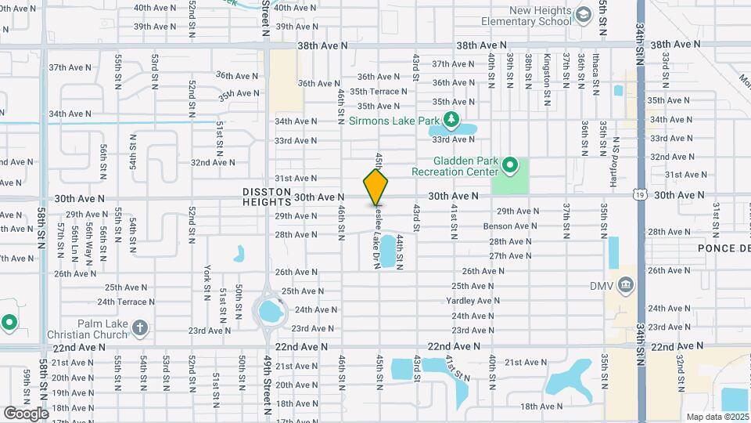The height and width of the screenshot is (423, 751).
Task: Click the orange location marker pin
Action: (375, 187)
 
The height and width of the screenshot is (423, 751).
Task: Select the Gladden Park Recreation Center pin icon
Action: (510, 165)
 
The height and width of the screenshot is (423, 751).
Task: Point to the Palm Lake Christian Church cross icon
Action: (140, 327)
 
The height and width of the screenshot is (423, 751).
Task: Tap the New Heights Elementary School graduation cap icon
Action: (582, 15)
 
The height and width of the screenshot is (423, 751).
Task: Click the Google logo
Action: (26, 413)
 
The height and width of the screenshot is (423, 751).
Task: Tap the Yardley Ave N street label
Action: (473, 301)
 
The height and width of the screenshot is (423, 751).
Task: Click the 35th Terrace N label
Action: (379, 92)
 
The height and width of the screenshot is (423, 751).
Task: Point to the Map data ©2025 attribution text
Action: (717, 417)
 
